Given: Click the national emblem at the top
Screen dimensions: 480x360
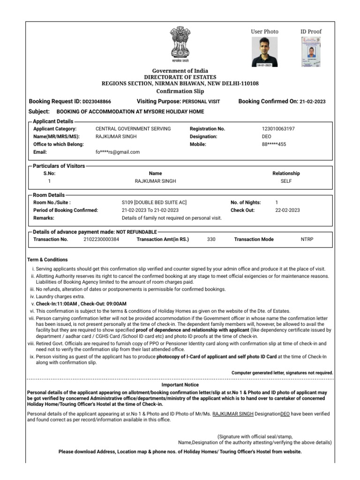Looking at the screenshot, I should click(x=180, y=45).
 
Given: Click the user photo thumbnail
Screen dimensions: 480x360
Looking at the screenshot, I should click(x=264, y=52).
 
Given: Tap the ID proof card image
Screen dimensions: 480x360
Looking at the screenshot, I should click(x=311, y=52).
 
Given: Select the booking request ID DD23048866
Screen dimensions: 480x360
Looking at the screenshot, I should click(x=97, y=102).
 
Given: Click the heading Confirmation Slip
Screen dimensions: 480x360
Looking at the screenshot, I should click(x=180, y=91).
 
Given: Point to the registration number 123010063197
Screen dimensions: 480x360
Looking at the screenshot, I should click(x=278, y=128).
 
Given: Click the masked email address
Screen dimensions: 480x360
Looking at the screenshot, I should click(x=117, y=152).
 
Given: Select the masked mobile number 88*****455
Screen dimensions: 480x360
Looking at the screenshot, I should click(x=274, y=144).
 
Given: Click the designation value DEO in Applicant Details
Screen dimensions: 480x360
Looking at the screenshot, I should click(x=266, y=136).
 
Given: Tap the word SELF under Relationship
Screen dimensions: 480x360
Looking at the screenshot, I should click(x=286, y=181).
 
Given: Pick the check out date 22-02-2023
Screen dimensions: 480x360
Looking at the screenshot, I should click(x=287, y=210).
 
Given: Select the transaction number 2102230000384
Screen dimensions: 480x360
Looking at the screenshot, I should click(x=101, y=239).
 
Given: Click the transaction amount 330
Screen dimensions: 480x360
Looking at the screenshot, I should click(x=211, y=239).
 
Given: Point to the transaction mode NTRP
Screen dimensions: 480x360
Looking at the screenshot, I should click(x=307, y=239).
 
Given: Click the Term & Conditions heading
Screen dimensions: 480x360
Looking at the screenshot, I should click(x=47, y=259).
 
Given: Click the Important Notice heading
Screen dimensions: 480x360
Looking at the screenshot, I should click(x=180, y=384).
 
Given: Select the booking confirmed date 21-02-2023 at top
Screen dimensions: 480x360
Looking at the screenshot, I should click(x=313, y=102).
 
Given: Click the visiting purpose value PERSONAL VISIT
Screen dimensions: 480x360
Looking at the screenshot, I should click(x=201, y=102).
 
